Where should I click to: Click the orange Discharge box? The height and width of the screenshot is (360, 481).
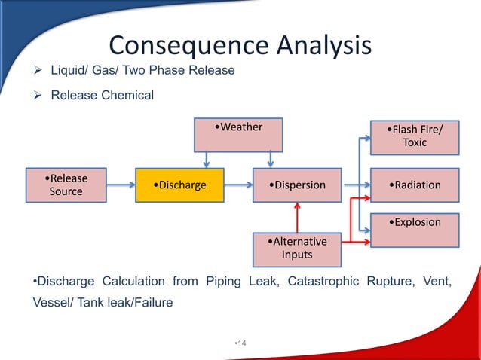click(x=179, y=185)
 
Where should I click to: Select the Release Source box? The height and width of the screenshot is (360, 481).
click(x=66, y=185)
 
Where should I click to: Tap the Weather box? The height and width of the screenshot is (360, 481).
click(x=238, y=133)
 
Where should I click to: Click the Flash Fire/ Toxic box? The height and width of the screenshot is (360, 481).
click(x=414, y=136)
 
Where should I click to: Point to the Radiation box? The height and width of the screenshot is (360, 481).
click(x=414, y=185)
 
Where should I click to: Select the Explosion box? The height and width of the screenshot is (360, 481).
click(x=414, y=230)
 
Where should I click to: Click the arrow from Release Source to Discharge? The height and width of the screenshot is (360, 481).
click(x=121, y=185)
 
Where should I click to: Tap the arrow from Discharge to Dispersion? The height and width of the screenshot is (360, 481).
click(x=238, y=185)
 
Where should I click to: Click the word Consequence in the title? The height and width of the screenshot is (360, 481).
click(x=187, y=45)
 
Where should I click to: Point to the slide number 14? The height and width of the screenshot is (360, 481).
click(x=241, y=343)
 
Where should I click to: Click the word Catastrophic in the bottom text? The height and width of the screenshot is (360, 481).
click(x=307, y=282)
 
